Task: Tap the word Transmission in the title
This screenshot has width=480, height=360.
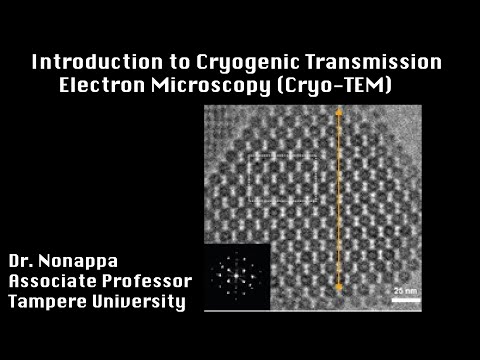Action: click(x=383, y=61)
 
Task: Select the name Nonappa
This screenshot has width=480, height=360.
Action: click(x=89, y=262)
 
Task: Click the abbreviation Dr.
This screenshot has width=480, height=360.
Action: click(x=24, y=262)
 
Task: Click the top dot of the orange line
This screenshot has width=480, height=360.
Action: click(x=339, y=112)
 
